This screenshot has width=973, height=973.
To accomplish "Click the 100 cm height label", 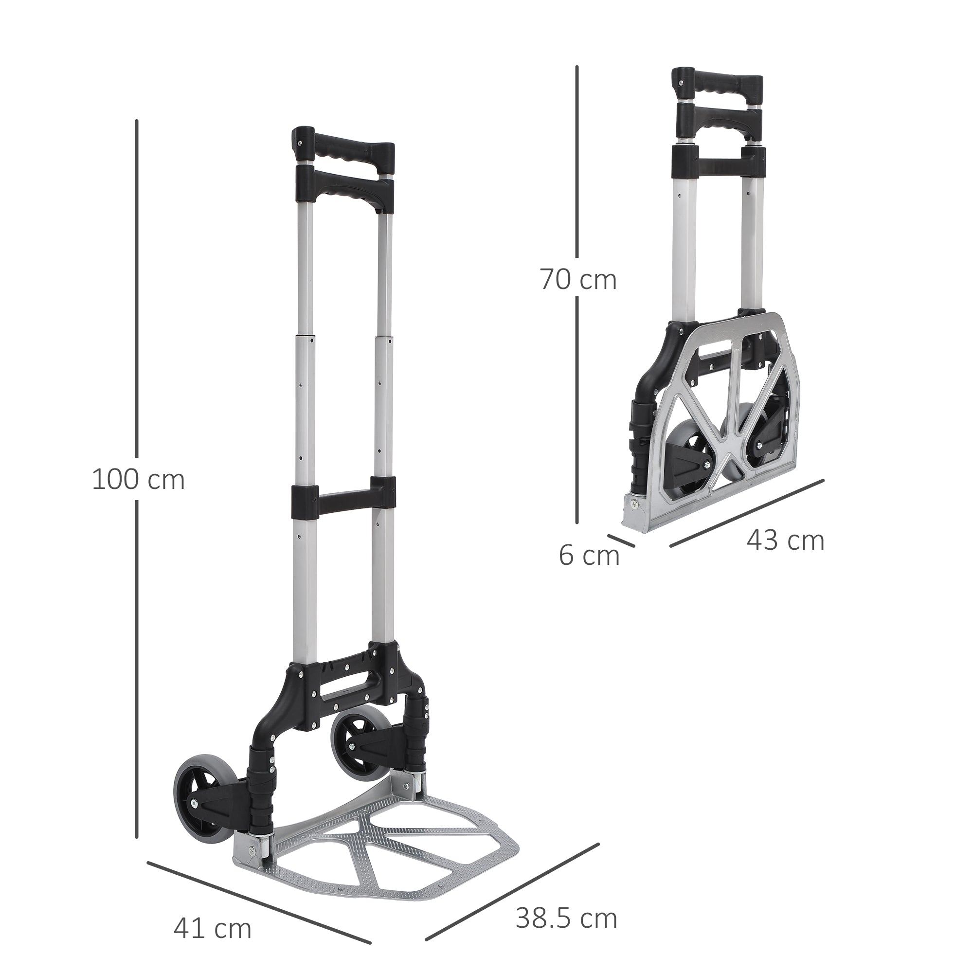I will point(139,480).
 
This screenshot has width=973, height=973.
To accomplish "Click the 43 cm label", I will point(785,541).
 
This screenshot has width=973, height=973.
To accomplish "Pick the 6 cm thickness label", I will point(589,556).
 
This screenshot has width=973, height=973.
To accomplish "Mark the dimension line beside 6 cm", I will point(620,540).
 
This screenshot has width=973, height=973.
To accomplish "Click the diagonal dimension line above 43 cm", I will point(745,514).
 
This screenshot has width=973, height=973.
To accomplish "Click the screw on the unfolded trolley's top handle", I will point(300,143).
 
